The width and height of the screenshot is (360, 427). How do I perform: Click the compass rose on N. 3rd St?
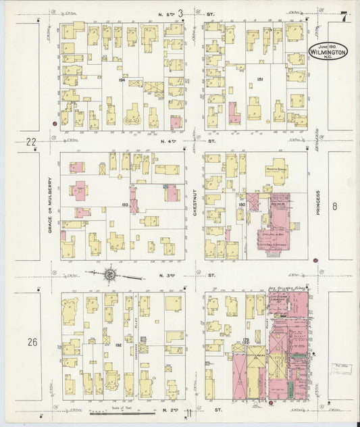(x=109, y=275)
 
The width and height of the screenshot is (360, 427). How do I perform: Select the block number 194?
(x=122, y=80)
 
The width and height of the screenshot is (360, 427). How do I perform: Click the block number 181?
(x=260, y=80)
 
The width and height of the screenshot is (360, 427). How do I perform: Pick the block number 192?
(x=119, y=345)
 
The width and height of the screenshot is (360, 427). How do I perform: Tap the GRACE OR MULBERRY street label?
(x=49, y=205)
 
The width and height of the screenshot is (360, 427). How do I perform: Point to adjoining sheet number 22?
(x=30, y=142)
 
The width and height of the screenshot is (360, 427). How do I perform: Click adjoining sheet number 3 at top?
(x=180, y=11)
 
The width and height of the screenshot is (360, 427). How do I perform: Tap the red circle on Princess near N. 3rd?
(x=315, y=259)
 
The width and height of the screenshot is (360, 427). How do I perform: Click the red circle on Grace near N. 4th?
(x=54, y=124)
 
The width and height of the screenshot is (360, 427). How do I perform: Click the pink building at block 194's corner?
(x=175, y=122)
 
